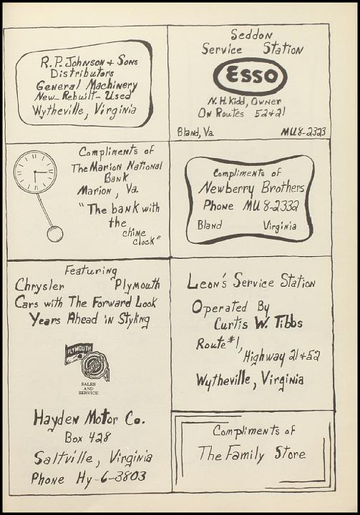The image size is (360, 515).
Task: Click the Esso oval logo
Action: click(x=250, y=77)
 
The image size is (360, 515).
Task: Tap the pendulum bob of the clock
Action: click(x=55, y=234)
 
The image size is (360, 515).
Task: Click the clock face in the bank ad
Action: click(x=35, y=172)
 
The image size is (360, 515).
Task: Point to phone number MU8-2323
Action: click(x=303, y=132)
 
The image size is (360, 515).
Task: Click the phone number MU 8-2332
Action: click(x=271, y=206)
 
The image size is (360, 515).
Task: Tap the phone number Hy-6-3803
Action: click(x=111, y=477)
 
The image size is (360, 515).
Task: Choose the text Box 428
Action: click(x=87, y=437)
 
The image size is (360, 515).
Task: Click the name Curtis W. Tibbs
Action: click(x=258, y=323)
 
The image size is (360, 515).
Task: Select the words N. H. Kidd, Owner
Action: click(x=244, y=101)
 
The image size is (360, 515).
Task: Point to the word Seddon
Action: click(x=251, y=34)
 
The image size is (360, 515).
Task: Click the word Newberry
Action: click(x=226, y=189)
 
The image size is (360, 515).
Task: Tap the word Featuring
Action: click(x=91, y=270)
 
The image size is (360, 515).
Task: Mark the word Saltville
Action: click(x=64, y=458)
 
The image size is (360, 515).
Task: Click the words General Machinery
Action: click(x=87, y=85)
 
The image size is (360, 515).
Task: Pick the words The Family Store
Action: click(x=252, y=454)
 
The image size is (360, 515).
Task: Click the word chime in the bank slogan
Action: click(x=134, y=233)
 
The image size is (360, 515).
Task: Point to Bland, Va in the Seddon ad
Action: click(x=195, y=132)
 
